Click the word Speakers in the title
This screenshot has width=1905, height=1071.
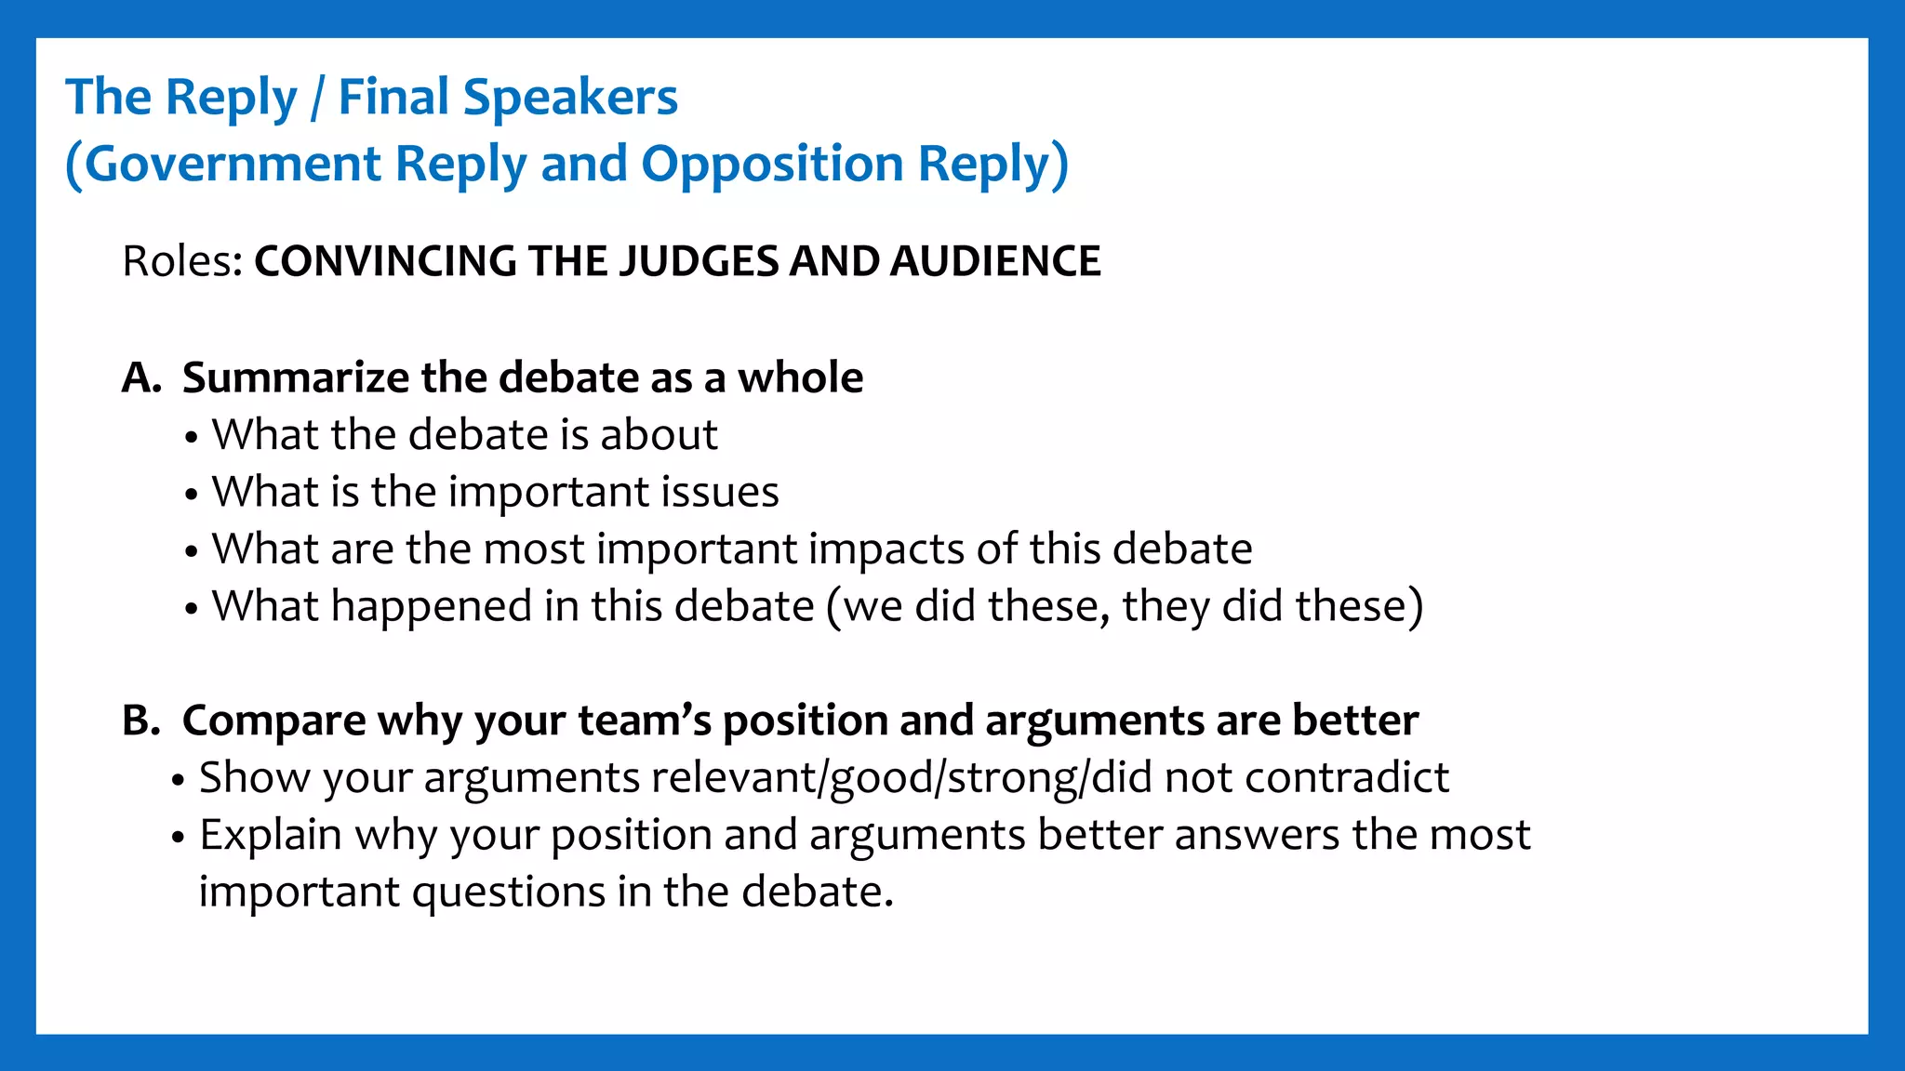pyautogui.click(x=570, y=97)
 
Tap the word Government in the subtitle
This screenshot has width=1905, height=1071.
pyautogui.click(x=233, y=164)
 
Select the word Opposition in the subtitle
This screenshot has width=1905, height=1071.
pyautogui.click(x=772, y=164)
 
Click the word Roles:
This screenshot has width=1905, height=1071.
pyautogui.click(x=182, y=261)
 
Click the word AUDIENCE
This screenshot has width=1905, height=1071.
pyautogui.click(x=995, y=261)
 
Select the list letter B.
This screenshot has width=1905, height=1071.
pyautogui.click(x=140, y=721)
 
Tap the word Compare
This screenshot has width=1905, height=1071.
pyautogui.click(x=273, y=721)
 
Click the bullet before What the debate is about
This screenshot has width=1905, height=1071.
pyautogui.click(x=192, y=436)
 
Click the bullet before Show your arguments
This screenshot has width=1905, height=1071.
pyautogui.click(x=179, y=779)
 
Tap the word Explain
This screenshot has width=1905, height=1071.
pyautogui.click(x=270, y=835)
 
